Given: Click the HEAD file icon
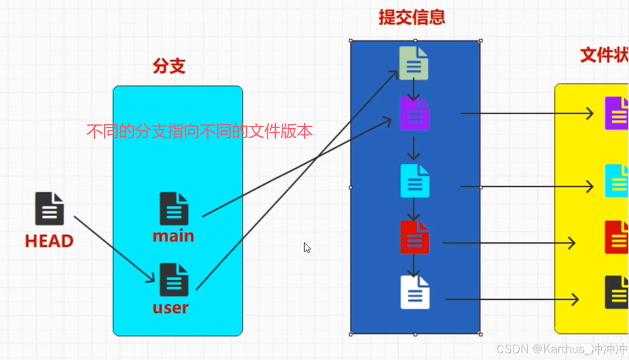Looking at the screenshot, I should point(50,208).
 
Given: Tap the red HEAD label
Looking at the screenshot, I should point(49,241).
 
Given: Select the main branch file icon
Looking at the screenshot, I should point(174,208).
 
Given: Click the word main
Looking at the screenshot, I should point(173,236).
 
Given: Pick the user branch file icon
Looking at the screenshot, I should point(174,280).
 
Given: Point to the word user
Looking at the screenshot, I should point(170,307).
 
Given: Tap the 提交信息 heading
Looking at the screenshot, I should point(412,17).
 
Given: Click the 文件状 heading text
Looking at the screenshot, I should point(604,55).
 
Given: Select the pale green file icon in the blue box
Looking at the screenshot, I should point(414,63).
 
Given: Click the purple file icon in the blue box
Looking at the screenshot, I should point(415,114).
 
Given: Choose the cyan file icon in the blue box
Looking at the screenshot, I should point(415,181).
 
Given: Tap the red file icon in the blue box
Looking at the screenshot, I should point(415,237).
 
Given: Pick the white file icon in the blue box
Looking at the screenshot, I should point(415,292).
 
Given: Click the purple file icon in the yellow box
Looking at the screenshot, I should point(616,113).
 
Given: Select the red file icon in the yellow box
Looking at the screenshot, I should point(616,237).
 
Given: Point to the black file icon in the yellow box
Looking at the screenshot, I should point(616,292).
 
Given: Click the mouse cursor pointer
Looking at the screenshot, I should point(306,247).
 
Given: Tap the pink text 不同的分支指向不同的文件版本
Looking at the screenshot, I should point(199,132).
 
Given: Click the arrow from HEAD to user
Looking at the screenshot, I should point(114,249).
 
